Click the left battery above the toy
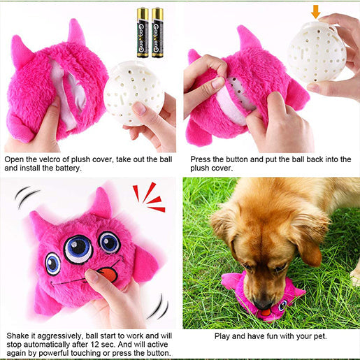tap(143, 23)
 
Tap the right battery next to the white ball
tap(157, 23)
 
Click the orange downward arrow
tap(316, 10)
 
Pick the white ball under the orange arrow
tap(316, 52)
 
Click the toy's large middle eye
tap(78, 248)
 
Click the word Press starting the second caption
tap(203, 159)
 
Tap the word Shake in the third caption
tap(20, 336)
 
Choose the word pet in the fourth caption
tap(317, 336)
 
